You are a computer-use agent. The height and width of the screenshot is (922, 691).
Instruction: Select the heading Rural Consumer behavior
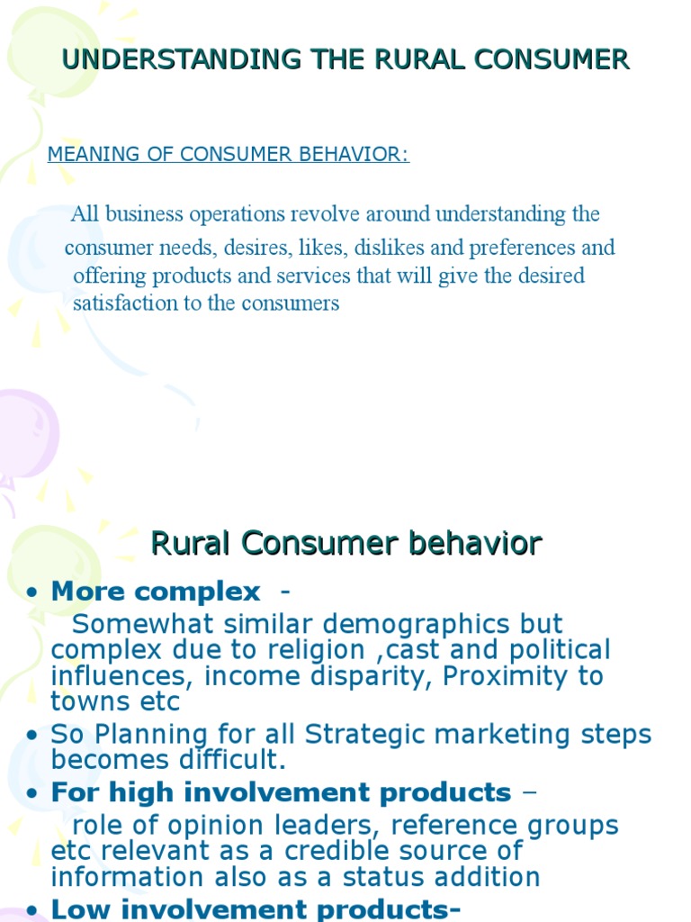pos(345,544)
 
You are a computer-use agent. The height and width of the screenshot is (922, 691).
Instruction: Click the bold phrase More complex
pos(155,592)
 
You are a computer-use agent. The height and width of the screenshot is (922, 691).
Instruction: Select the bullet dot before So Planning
pos(32,736)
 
